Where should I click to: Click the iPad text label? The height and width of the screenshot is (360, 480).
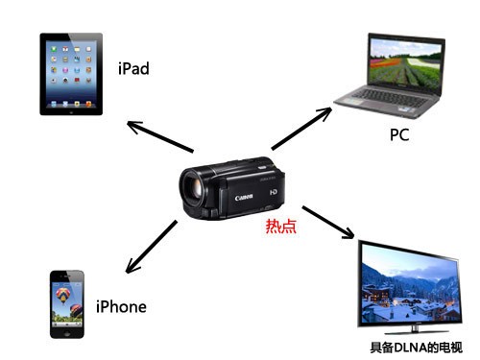(133, 68)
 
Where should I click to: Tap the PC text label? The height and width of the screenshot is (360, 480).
(399, 134)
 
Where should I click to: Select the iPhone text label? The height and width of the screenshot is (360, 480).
(121, 306)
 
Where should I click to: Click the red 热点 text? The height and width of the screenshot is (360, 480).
(281, 226)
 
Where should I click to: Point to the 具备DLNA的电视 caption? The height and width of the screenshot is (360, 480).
(416, 348)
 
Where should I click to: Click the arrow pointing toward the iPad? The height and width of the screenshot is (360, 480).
(160, 136)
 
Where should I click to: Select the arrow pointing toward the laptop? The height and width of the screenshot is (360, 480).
(301, 129)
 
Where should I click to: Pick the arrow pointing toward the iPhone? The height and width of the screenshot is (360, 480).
(151, 247)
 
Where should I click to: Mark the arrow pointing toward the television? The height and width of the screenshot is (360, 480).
(328, 222)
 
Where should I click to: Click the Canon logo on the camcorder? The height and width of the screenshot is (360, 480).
(244, 197)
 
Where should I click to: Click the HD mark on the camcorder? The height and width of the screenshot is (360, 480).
(273, 192)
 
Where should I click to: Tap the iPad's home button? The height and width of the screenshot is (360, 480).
(71, 111)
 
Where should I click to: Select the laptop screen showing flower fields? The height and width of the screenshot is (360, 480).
(405, 63)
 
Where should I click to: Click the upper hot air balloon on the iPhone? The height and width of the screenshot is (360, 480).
(62, 296)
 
